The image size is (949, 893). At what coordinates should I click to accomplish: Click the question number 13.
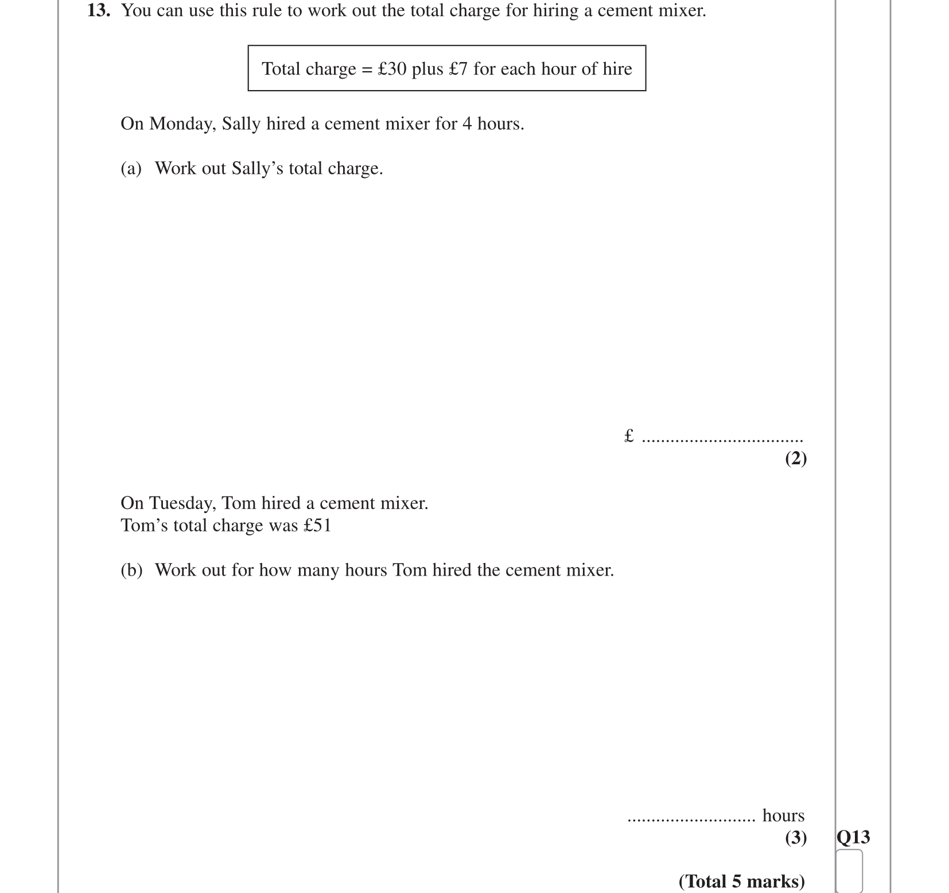tap(98, 10)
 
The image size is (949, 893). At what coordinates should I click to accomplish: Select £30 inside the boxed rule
tap(392, 69)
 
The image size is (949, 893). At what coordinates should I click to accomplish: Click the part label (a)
tap(131, 168)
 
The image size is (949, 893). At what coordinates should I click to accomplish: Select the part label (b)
tap(131, 570)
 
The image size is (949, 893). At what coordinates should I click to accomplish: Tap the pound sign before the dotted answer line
tap(629, 436)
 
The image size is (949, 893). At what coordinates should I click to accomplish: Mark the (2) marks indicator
tap(796, 458)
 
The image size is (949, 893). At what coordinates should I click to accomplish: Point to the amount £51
tap(317, 526)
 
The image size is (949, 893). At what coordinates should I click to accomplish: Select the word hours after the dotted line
tap(783, 816)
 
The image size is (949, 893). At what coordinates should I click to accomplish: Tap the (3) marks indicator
tap(796, 838)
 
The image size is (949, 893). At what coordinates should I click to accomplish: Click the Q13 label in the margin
tap(853, 837)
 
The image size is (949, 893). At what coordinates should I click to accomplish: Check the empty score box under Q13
tap(849, 871)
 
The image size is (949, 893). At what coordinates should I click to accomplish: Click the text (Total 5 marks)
tap(741, 881)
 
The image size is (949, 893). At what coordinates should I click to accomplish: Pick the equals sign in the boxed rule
tap(367, 69)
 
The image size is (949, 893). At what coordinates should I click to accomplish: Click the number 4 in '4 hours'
tap(467, 124)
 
